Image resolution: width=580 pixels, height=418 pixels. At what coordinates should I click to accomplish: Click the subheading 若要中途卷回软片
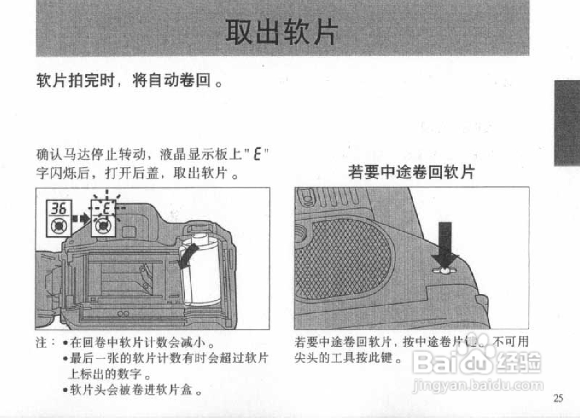pos(411,172)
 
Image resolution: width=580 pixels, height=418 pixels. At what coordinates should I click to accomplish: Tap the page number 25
pos(558,398)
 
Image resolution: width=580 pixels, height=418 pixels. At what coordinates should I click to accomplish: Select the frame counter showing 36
pos(58,209)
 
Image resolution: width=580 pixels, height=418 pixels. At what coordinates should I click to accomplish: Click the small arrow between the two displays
pos(81,219)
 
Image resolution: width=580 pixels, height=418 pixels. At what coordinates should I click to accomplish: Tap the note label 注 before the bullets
pos(44,341)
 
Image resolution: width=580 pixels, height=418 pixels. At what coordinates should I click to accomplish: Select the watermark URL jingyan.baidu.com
pos(478,386)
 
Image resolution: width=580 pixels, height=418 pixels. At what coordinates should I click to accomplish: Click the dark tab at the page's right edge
pos(566,123)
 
